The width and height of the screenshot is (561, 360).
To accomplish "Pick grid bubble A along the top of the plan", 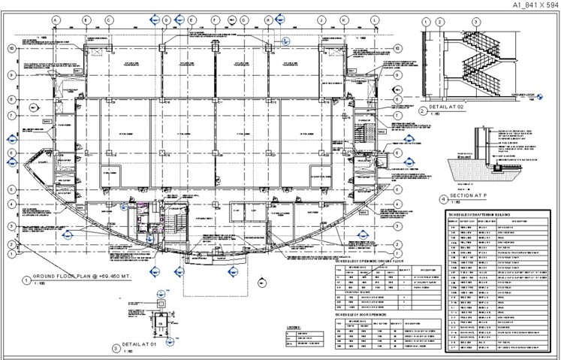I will coord(56,20).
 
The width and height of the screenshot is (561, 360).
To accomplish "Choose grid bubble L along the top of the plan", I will coord(374,20).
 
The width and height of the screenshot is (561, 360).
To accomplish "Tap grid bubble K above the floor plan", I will coord(344,20).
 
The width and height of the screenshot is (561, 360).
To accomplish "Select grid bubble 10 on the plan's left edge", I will coord(11,48).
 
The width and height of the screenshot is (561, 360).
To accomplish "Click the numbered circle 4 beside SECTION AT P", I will coord(443,199).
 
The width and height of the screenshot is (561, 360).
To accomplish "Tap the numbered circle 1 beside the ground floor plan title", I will coord(28,280).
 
